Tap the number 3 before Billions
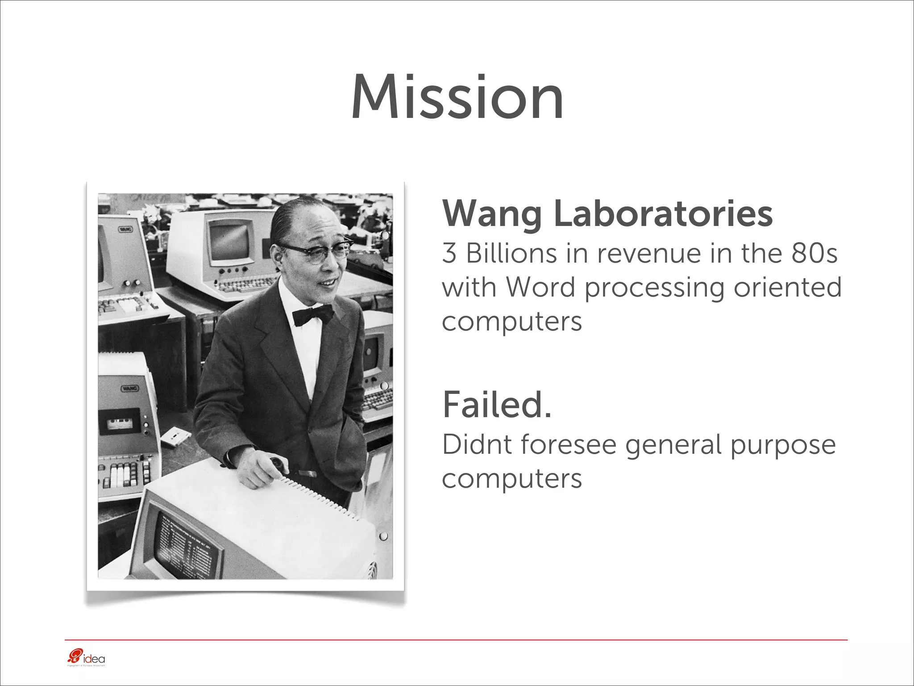pos(449,254)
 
